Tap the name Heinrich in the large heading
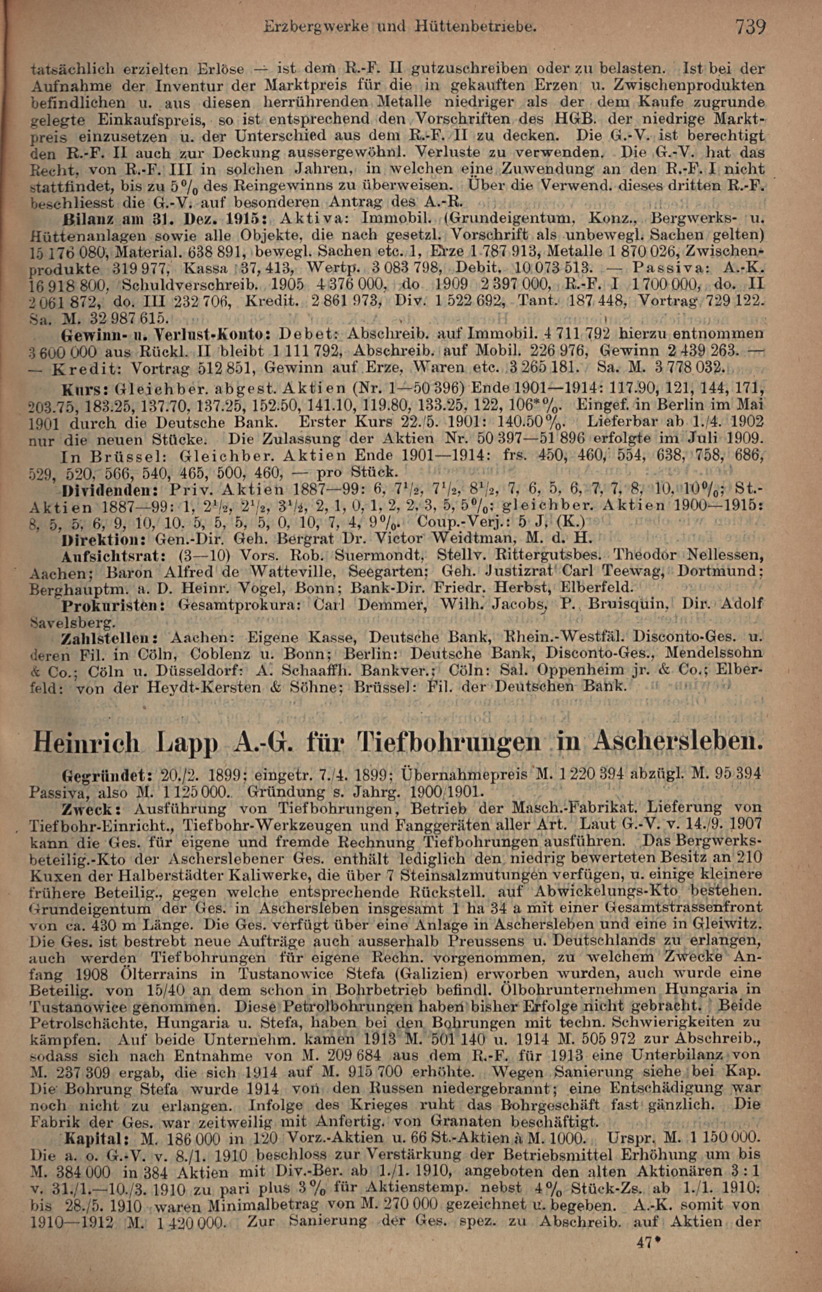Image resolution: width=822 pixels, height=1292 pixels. (x=86, y=743)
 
